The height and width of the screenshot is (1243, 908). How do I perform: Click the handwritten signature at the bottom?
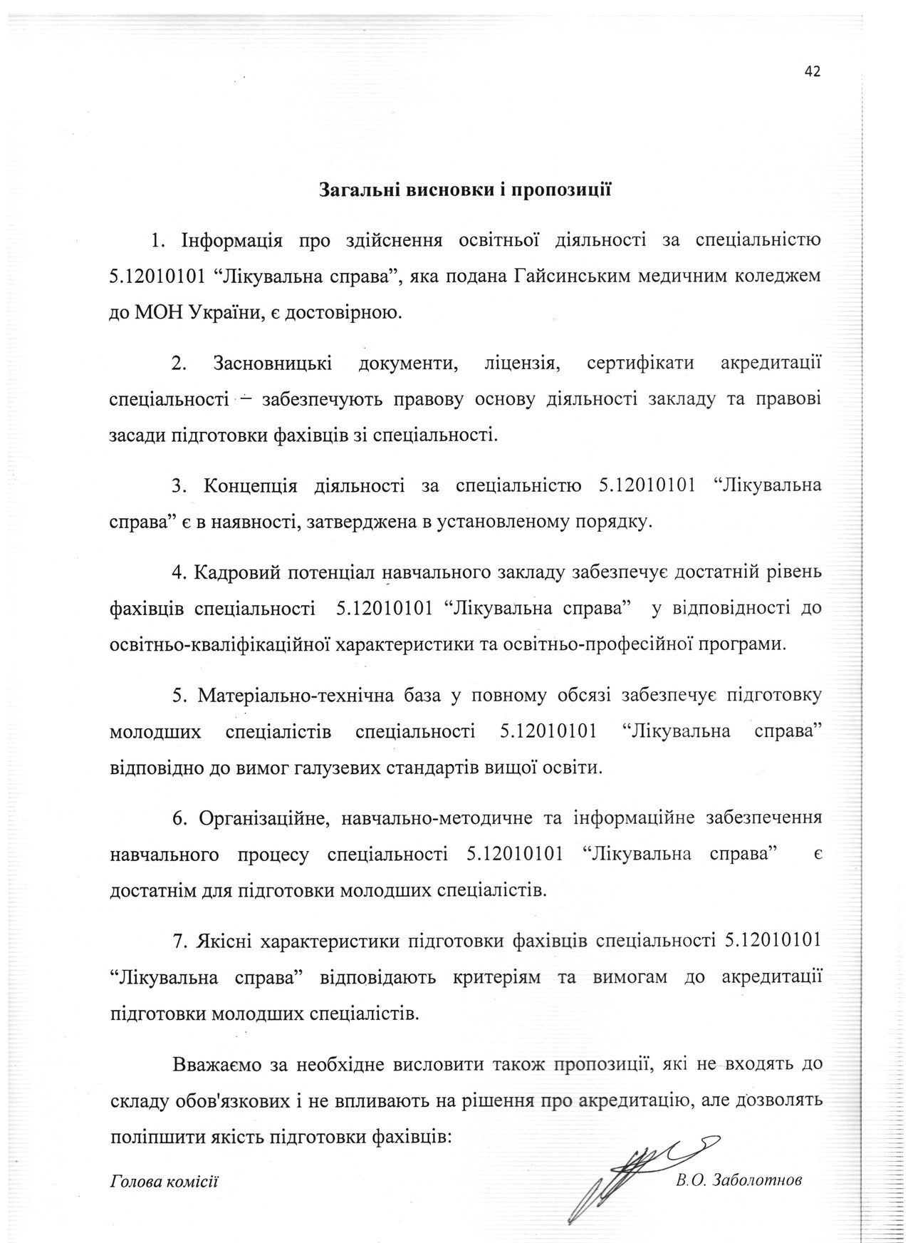(x=627, y=1169)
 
